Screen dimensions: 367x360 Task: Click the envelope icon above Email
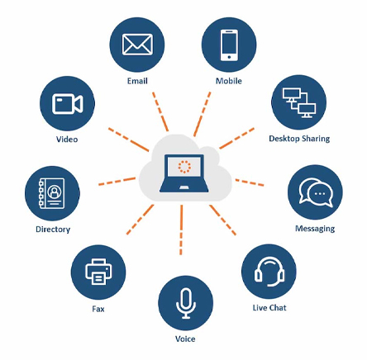137,45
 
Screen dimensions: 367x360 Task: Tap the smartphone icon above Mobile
229,45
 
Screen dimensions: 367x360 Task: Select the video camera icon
68,104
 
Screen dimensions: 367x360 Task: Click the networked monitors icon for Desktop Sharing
299,103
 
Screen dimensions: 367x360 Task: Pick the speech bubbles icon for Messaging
316,192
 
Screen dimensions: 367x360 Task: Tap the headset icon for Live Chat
269,272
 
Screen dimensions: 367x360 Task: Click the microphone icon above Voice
186,303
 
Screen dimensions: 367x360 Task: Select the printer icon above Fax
98,272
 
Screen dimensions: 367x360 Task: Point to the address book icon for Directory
52,193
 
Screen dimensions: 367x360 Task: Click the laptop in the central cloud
184,173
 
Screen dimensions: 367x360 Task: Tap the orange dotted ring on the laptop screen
184,167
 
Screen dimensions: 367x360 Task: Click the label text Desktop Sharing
299,139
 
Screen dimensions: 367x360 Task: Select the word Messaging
315,229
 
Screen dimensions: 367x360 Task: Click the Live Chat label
269,308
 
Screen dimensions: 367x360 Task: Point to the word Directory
53,230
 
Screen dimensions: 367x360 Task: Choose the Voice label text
185,339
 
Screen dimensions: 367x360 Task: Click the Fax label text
98,309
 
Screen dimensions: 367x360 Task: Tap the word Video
67,140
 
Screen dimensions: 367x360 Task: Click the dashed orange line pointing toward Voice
181,230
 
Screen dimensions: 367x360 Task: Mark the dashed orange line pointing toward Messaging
250,182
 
